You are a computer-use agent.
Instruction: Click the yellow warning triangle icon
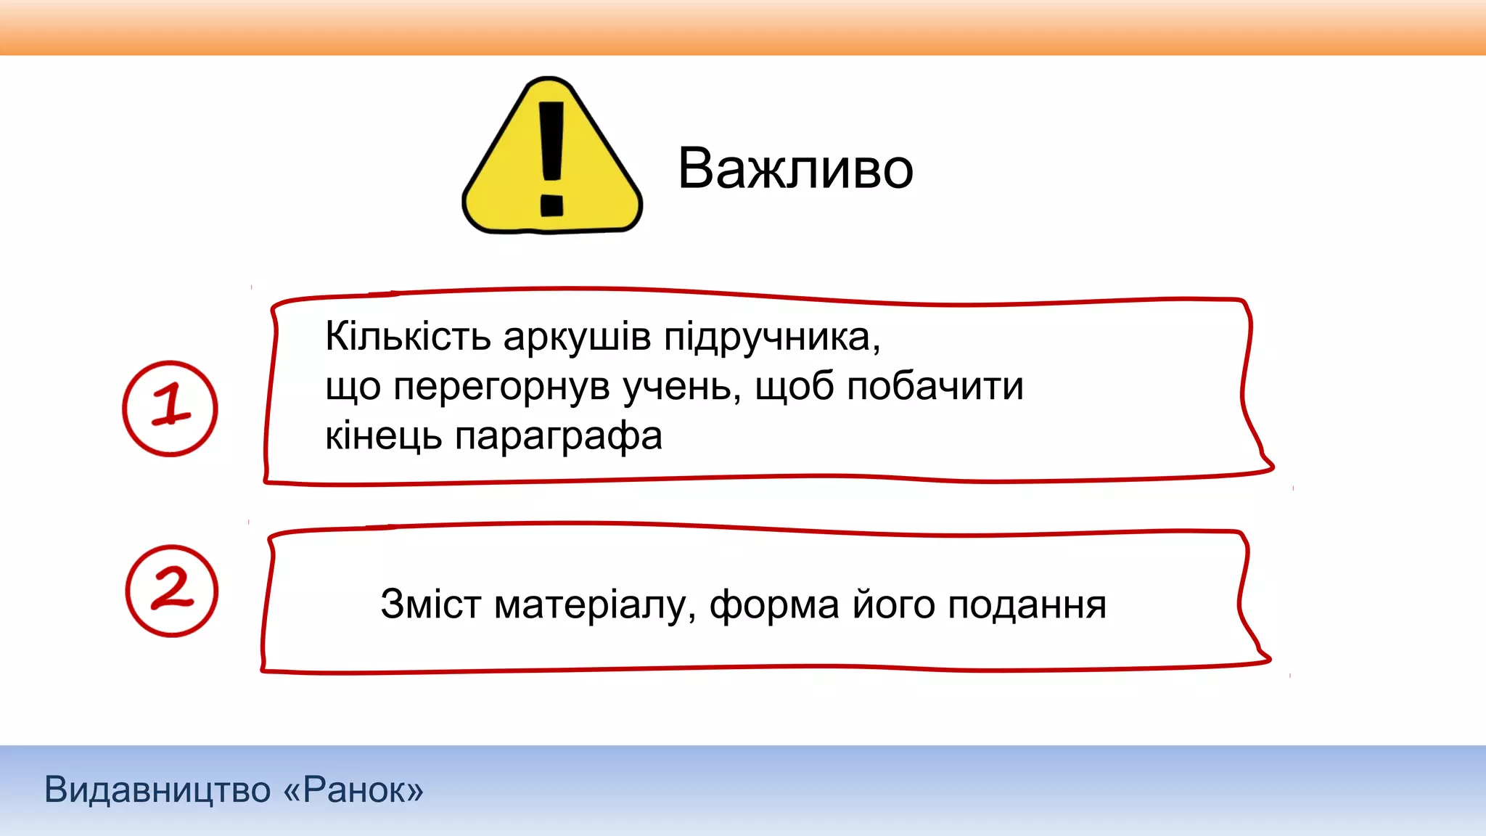[551, 156]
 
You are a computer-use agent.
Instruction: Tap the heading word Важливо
[795, 168]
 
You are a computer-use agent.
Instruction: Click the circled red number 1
[170, 408]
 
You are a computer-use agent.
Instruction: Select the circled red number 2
[171, 591]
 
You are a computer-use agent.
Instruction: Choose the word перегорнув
[501, 388]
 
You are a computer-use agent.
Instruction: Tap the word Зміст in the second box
[430, 604]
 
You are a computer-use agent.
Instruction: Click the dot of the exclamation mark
[551, 205]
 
